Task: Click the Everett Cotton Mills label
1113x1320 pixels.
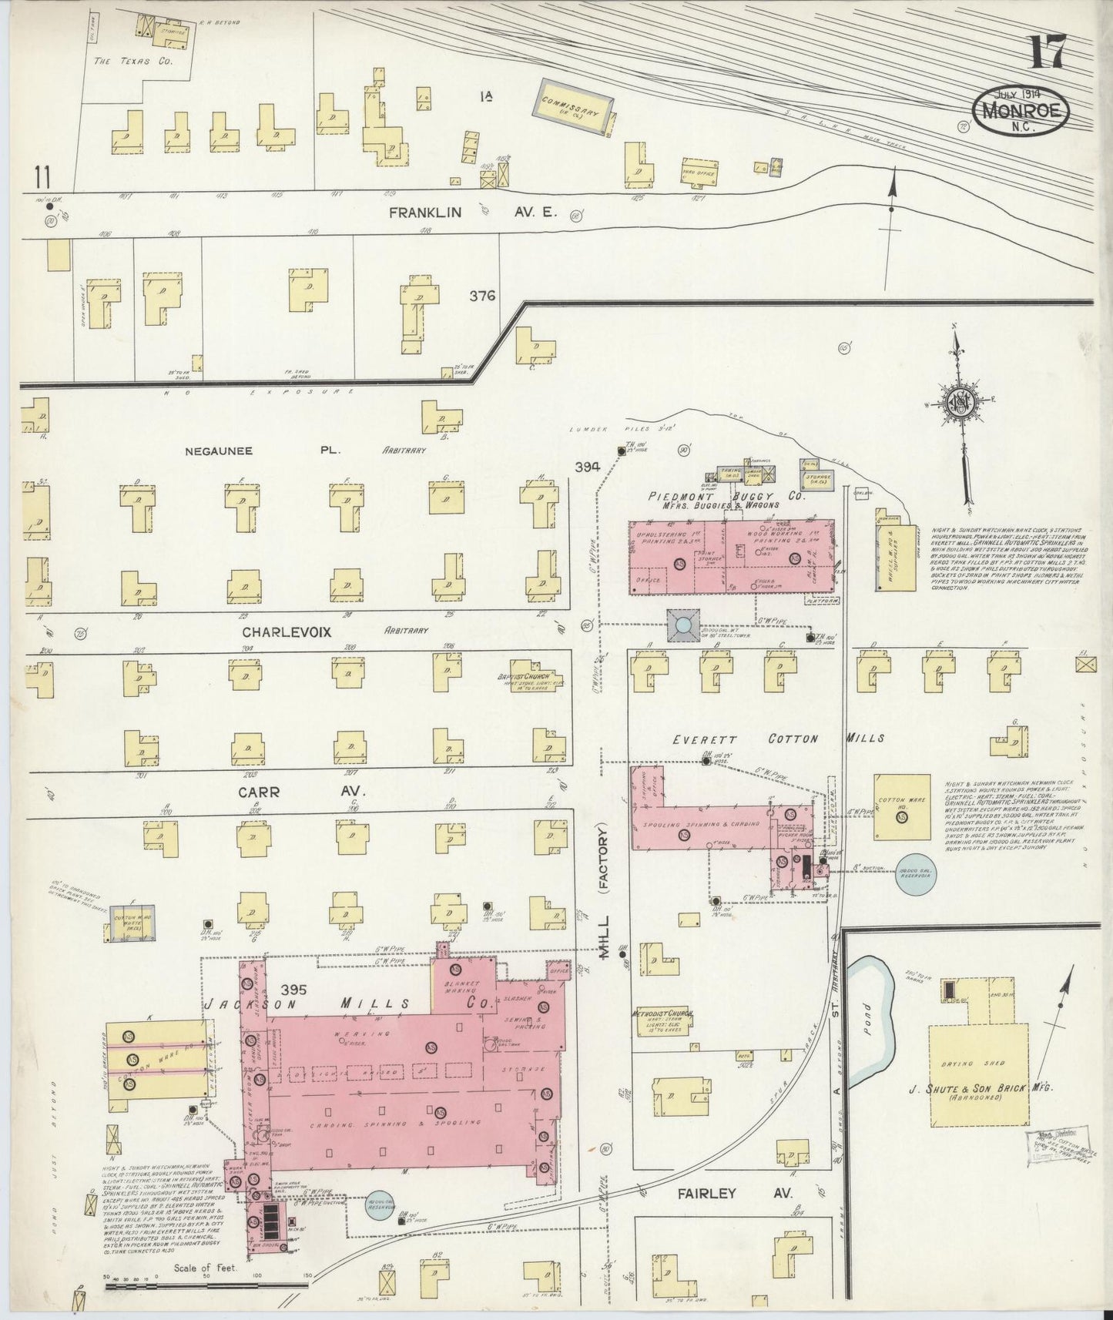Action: [777, 739]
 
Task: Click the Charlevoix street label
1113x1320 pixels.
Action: [287, 632]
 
